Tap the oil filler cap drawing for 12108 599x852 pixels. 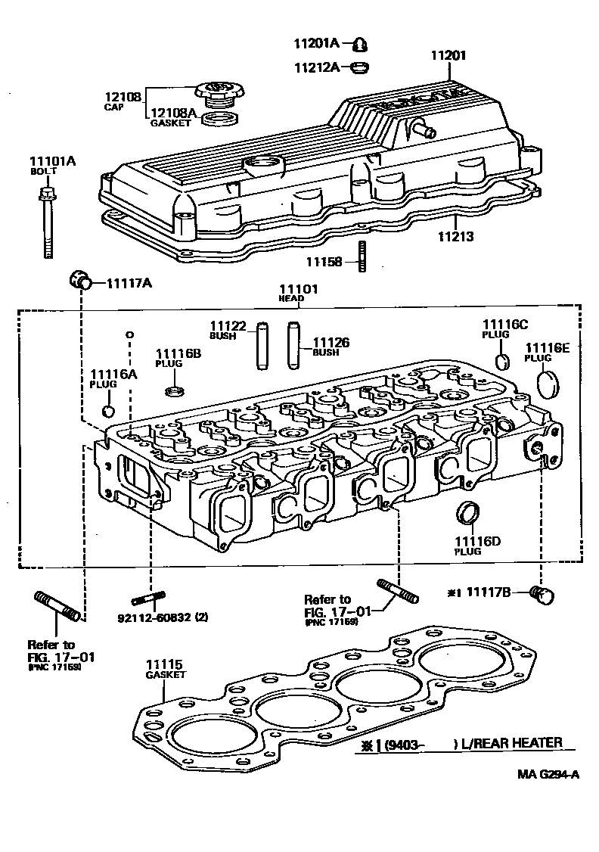coord(219,95)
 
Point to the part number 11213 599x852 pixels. coord(456,237)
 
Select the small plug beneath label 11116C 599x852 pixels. coord(500,359)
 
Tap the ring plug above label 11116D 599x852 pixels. coord(468,512)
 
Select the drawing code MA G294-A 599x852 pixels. coord(549,773)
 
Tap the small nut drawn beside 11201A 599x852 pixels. coord(361,44)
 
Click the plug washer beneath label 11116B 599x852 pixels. coord(174,391)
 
